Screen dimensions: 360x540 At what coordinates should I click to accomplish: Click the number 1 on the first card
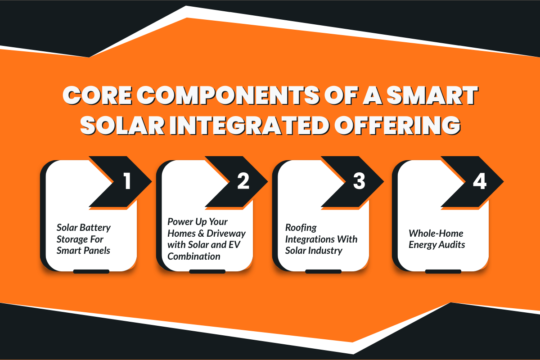pos(127,181)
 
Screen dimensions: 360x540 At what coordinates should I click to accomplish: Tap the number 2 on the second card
pos(243,181)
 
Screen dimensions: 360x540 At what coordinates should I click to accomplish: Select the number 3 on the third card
pos(358,181)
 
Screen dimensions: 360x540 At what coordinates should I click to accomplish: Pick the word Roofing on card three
pos(301,227)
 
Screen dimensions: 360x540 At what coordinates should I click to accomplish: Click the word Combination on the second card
pos(194,256)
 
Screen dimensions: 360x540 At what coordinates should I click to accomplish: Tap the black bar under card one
pos(91,271)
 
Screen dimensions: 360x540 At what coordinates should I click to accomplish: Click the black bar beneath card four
pos(443,271)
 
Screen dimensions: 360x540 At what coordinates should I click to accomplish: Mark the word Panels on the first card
pos(97,250)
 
